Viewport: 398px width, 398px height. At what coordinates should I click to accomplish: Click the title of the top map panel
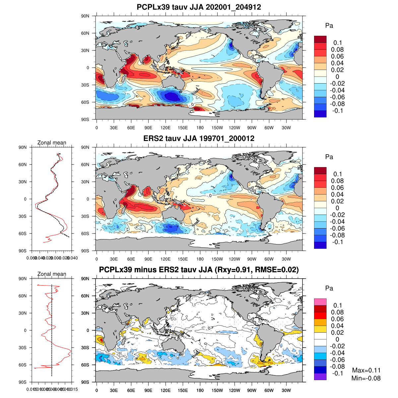tap(199, 7)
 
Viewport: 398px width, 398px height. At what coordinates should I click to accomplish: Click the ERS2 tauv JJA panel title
tap(199, 138)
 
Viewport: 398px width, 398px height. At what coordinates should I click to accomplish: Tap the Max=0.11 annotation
tap(366, 370)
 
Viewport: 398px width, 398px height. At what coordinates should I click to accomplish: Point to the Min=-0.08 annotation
tap(366, 378)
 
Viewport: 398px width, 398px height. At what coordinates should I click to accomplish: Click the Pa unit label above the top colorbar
tap(329, 26)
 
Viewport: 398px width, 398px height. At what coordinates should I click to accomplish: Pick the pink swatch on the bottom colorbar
tap(320, 302)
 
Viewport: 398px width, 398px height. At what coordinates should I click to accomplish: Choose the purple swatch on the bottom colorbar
tap(320, 376)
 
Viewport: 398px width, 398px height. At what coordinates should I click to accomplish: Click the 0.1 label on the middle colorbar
tap(338, 174)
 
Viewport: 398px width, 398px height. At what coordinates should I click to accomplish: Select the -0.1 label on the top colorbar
tap(337, 111)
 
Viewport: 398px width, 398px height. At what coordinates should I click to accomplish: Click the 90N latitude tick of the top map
tap(85, 16)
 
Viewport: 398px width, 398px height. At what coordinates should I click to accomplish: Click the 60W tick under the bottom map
tap(269, 391)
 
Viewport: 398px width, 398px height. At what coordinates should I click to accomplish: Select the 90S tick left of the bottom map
tap(85, 382)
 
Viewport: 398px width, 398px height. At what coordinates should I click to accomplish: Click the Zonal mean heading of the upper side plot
tap(51, 143)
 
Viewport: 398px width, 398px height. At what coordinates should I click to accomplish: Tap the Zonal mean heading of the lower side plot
tap(51, 274)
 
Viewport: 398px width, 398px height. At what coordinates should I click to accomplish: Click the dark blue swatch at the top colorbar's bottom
tap(320, 114)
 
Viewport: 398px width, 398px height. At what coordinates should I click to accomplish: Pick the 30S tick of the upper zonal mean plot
tap(23, 216)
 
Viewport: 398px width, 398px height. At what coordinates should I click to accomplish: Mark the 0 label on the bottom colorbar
tap(337, 339)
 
